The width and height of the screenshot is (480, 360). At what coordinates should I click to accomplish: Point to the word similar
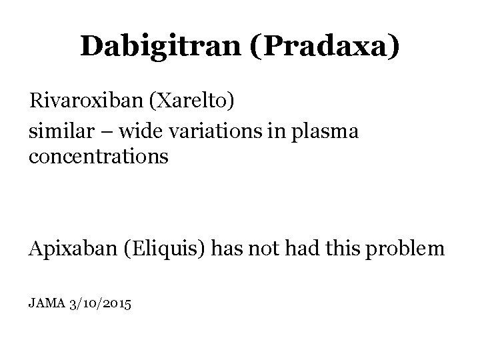click(x=54, y=131)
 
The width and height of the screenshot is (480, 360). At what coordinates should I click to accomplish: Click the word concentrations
click(x=99, y=159)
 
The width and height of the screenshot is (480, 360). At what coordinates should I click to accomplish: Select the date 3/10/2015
click(x=100, y=303)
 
